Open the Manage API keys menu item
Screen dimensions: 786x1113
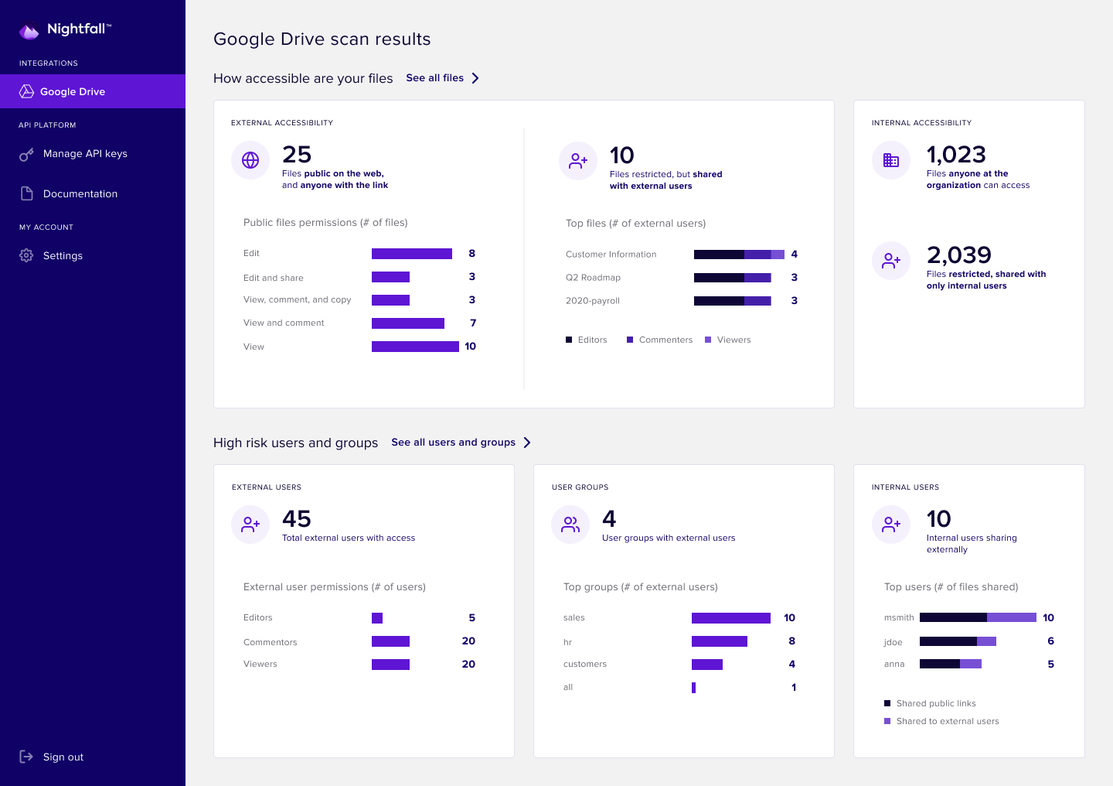tap(85, 154)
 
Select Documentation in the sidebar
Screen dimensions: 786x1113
tap(80, 194)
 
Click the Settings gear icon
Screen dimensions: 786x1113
tap(26, 255)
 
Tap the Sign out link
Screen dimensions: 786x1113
tap(63, 757)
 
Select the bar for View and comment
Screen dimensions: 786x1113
tap(407, 323)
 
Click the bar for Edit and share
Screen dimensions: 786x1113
tap(390, 277)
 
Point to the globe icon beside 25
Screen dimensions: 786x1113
tap(250, 160)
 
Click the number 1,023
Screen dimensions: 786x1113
tap(956, 155)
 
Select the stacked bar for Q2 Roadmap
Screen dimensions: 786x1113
tap(732, 278)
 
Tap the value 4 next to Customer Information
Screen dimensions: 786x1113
tap(794, 255)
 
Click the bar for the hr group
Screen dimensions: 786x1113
tap(719, 641)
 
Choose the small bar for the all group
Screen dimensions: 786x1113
tap(693, 688)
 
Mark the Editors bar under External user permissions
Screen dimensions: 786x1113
tap(377, 618)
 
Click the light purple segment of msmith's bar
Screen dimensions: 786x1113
tap(1011, 617)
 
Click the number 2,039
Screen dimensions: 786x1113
tap(958, 255)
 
